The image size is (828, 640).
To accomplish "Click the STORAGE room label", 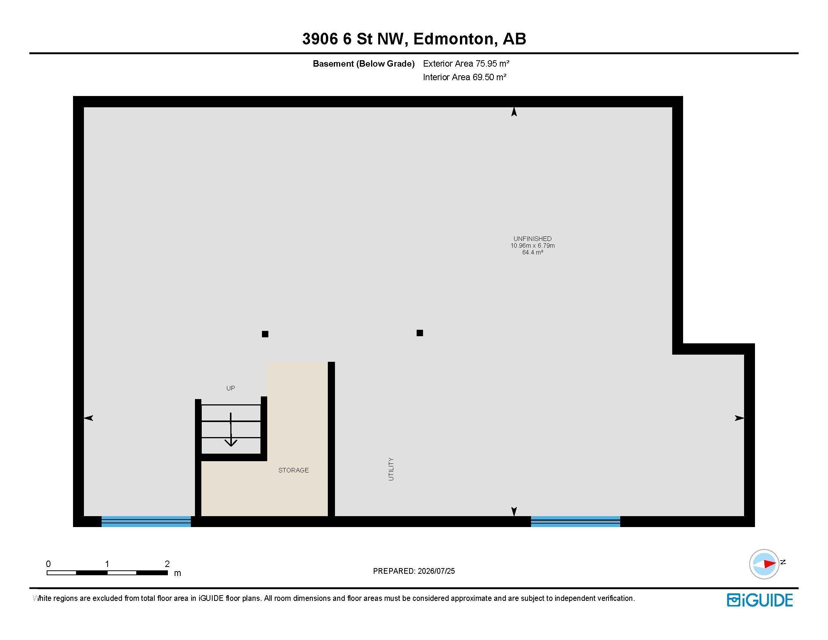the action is point(294,470).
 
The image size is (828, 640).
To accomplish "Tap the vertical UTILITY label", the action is point(391,469).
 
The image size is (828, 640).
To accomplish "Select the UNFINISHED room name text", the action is point(532,238).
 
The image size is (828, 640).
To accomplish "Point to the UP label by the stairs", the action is point(230,388).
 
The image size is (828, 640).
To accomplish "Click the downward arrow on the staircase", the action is point(231,429).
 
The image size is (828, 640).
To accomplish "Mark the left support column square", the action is point(265,334).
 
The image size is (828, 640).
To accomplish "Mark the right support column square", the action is point(420,333).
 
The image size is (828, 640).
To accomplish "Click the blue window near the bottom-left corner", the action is point(146,521).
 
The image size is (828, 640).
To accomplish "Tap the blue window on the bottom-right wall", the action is point(575,521).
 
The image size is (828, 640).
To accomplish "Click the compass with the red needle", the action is point(764,564).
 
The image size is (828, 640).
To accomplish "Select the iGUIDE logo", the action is point(760,600).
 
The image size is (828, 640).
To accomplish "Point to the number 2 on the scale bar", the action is point(167,564).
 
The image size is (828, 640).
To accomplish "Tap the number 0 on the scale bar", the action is point(48,564).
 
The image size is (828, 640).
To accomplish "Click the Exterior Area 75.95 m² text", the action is point(466,63).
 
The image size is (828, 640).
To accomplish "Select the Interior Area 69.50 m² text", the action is point(465,77).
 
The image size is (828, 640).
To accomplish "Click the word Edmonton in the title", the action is point(454,39).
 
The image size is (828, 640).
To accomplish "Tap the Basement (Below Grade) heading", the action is point(364,64).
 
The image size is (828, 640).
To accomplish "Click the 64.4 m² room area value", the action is point(533,252).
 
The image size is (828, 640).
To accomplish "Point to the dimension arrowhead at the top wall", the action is point(514,111).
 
